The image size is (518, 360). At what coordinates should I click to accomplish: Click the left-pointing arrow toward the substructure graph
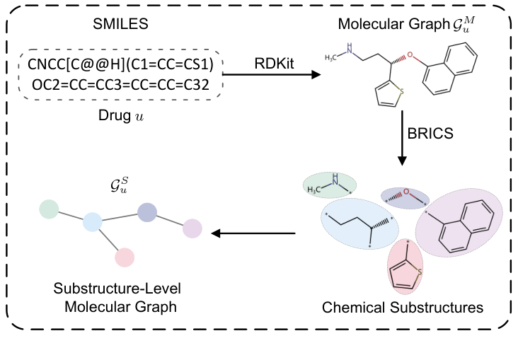click(x=254, y=233)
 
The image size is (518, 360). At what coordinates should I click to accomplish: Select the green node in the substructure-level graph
click(x=49, y=209)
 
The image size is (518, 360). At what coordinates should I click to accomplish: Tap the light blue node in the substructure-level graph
click(x=93, y=222)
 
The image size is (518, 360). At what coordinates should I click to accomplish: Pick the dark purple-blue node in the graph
click(x=146, y=211)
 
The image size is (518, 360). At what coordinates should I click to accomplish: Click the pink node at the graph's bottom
click(x=125, y=257)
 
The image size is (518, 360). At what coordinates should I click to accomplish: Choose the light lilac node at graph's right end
click(x=192, y=228)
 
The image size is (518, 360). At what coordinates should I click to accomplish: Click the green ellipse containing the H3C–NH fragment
click(x=330, y=184)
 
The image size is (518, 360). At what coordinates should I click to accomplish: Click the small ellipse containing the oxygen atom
click(x=405, y=197)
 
